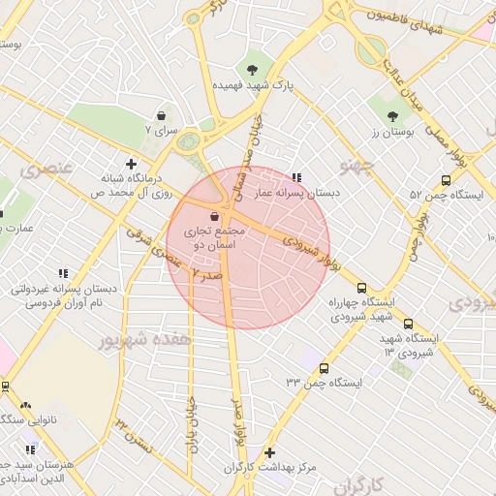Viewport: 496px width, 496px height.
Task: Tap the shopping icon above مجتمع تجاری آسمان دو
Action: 213,218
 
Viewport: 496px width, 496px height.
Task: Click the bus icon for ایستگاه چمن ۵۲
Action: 446,180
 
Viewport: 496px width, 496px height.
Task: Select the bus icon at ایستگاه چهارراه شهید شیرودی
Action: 361,288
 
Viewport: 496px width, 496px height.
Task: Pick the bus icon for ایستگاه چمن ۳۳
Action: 323,368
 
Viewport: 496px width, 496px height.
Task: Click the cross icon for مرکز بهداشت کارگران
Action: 269,452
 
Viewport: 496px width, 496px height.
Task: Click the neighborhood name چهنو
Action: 361,167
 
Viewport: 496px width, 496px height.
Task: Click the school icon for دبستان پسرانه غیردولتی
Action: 63,274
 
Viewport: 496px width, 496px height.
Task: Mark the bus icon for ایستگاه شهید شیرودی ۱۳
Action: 408,324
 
